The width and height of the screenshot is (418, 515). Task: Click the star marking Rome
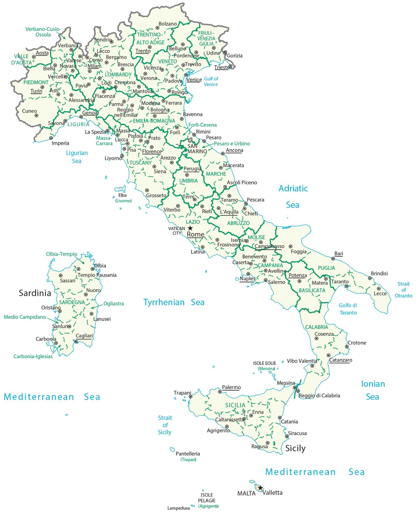190,228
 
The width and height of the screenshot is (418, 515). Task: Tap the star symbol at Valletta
261,488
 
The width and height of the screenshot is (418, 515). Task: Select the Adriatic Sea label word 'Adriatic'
293,188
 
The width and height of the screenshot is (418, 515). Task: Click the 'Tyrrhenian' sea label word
164,302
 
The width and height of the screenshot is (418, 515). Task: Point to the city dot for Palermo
220,392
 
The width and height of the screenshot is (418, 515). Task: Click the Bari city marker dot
333,259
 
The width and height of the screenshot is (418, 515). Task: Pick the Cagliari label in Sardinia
84,336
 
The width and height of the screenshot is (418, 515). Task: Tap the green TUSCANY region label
140,163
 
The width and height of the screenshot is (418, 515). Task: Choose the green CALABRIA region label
316,327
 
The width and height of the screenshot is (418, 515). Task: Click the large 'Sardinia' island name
35,293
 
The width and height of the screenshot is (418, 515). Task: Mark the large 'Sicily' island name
295,448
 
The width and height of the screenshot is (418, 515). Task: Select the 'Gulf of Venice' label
211,81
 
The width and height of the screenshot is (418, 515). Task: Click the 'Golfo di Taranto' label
348,309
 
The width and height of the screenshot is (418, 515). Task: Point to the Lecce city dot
379,289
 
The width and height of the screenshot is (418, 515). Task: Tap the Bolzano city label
168,24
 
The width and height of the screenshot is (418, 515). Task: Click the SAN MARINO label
197,149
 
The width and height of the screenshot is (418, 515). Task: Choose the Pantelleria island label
188,454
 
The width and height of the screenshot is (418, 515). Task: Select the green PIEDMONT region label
36,82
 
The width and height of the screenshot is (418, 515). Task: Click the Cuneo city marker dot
37,116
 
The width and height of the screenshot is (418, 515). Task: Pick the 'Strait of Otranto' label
403,290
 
